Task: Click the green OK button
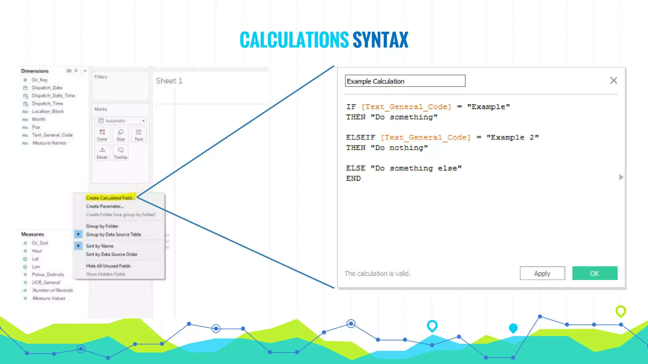tap(595, 273)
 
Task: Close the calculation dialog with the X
tap(614, 81)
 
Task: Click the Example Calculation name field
tap(405, 81)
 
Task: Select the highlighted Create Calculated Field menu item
tap(110, 198)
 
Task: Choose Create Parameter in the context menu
tap(104, 206)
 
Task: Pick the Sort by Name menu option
tap(99, 246)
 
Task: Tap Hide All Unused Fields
tap(108, 266)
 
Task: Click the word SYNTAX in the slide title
tap(380, 40)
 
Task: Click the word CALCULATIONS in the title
tap(294, 40)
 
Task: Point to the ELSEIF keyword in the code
tap(360, 137)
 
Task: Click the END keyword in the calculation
tap(353, 179)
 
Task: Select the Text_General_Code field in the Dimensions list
tap(52, 135)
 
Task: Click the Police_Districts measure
tap(48, 275)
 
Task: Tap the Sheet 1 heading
tap(169, 81)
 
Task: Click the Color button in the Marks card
tap(102, 135)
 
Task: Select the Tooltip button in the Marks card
tap(121, 153)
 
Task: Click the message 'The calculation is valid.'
tap(377, 274)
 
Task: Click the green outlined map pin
tap(620, 311)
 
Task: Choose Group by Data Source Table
tap(113, 234)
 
